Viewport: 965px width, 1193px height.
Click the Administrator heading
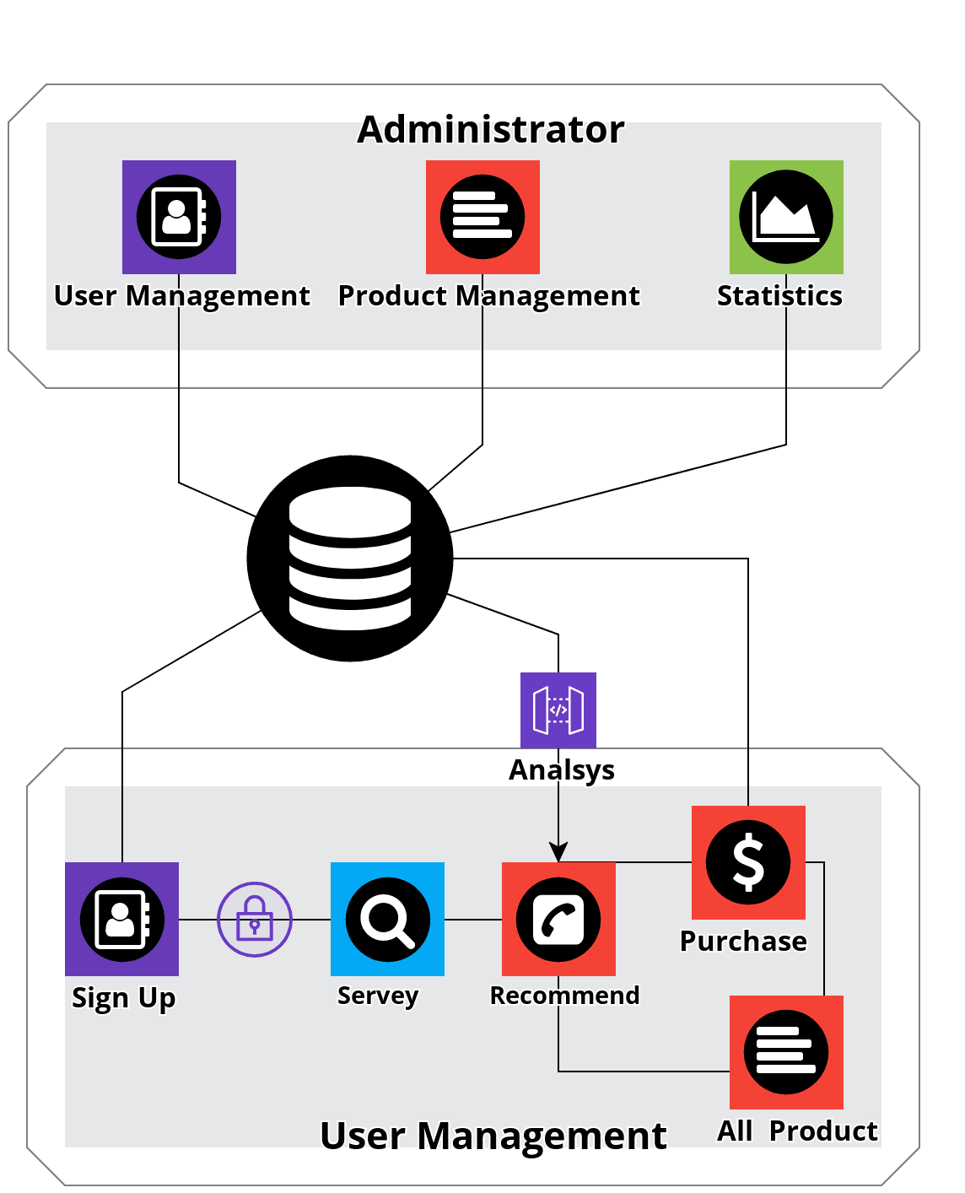491,130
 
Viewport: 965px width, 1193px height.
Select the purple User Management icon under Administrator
179,217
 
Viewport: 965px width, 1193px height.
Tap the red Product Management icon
482,217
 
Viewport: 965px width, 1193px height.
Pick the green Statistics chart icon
786,217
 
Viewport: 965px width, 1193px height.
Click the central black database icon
350,559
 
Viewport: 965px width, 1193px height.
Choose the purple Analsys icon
558,710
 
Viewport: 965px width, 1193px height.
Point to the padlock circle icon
255,920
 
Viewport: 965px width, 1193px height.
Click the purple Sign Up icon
121,919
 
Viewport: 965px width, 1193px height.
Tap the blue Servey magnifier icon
387,919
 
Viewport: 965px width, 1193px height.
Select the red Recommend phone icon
558,919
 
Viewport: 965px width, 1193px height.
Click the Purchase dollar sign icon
748,862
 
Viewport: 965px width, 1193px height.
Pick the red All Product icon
786,1052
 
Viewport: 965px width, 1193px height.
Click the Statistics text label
779,296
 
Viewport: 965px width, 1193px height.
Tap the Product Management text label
488,296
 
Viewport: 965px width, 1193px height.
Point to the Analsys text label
562,770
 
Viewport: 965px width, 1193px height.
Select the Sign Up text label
123,998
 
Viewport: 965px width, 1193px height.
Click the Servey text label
378,996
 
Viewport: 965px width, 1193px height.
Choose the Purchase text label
743,941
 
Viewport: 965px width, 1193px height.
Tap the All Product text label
797,1131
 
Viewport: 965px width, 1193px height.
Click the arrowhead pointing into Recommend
558,852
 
